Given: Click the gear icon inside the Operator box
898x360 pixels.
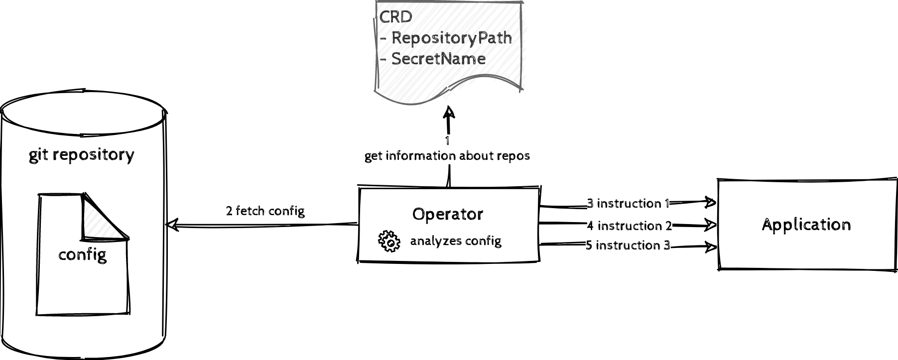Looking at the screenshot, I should pyautogui.click(x=389, y=241).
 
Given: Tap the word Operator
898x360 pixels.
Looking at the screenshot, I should pyautogui.click(x=447, y=214).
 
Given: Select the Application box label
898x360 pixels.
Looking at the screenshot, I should pyautogui.click(x=806, y=225).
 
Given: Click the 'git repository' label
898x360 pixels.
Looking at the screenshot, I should pyautogui.click(x=81, y=155).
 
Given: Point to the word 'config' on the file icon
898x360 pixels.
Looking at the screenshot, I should pyautogui.click(x=82, y=255).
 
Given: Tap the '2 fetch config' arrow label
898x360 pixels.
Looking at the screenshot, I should pyautogui.click(x=265, y=211).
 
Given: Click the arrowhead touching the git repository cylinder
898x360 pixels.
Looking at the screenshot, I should pyautogui.click(x=172, y=225).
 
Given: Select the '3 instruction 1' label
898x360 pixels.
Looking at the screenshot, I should pyautogui.click(x=628, y=203).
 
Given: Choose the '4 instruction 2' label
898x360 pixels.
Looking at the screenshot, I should pyautogui.click(x=629, y=226).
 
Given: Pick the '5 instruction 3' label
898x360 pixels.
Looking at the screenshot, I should pyautogui.click(x=628, y=245).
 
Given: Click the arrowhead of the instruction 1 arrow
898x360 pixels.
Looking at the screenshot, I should pyautogui.click(x=711, y=202).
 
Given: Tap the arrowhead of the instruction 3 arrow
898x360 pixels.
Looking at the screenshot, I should pyautogui.click(x=711, y=246).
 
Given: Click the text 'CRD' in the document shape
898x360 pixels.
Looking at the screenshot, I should pyautogui.click(x=396, y=17).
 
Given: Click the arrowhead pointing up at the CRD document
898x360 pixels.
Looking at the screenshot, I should pyautogui.click(x=449, y=113).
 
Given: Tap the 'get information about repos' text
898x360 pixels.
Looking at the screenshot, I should pyautogui.click(x=447, y=156).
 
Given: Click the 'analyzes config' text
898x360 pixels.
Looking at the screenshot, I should pyautogui.click(x=455, y=241).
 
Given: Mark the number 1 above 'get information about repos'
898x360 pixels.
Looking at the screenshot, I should pyautogui.click(x=447, y=141).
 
